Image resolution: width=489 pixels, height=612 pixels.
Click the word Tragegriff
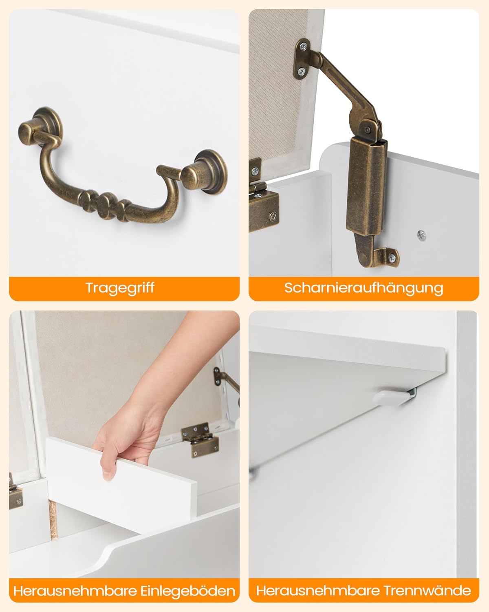click(x=120, y=288)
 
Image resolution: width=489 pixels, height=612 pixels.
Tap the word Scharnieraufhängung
click(x=364, y=288)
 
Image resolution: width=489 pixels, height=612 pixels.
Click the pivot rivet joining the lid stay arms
click(x=368, y=130)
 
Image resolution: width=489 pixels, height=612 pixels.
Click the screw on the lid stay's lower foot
click(x=392, y=258)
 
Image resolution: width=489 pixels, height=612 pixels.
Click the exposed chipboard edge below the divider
click(x=53, y=520)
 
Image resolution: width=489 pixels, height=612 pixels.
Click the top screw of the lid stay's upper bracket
click(x=304, y=46)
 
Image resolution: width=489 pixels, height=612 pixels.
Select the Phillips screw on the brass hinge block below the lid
click(x=273, y=216)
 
